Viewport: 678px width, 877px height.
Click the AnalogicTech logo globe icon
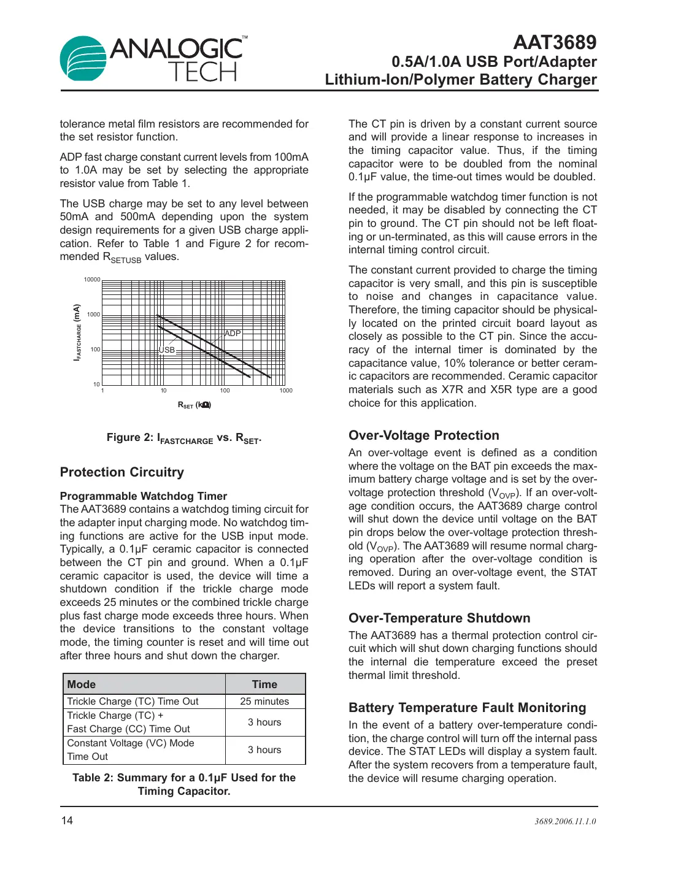[83, 58]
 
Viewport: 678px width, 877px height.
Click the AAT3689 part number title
[554, 42]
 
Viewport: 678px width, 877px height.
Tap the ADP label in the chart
[233, 334]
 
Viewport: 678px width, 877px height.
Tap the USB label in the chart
[167, 350]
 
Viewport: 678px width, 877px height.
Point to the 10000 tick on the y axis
[92, 280]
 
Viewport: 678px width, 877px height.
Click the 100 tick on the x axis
[225, 391]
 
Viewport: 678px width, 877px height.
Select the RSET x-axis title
[194, 405]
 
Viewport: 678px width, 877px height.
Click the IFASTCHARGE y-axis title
[77, 332]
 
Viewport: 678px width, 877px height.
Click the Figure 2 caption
[183, 438]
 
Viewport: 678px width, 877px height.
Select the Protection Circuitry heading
[121, 472]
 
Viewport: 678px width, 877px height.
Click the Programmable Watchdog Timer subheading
[143, 496]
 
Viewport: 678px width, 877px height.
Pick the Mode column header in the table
[82, 684]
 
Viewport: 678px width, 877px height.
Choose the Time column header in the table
[264, 684]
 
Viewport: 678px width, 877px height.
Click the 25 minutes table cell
[264, 702]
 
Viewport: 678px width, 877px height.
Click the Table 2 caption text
[183, 784]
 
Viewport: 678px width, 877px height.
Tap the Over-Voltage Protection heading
[423, 435]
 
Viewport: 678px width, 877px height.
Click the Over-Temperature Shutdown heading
[439, 618]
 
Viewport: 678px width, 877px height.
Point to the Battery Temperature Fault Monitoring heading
[467, 708]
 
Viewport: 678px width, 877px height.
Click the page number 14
[67, 821]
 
